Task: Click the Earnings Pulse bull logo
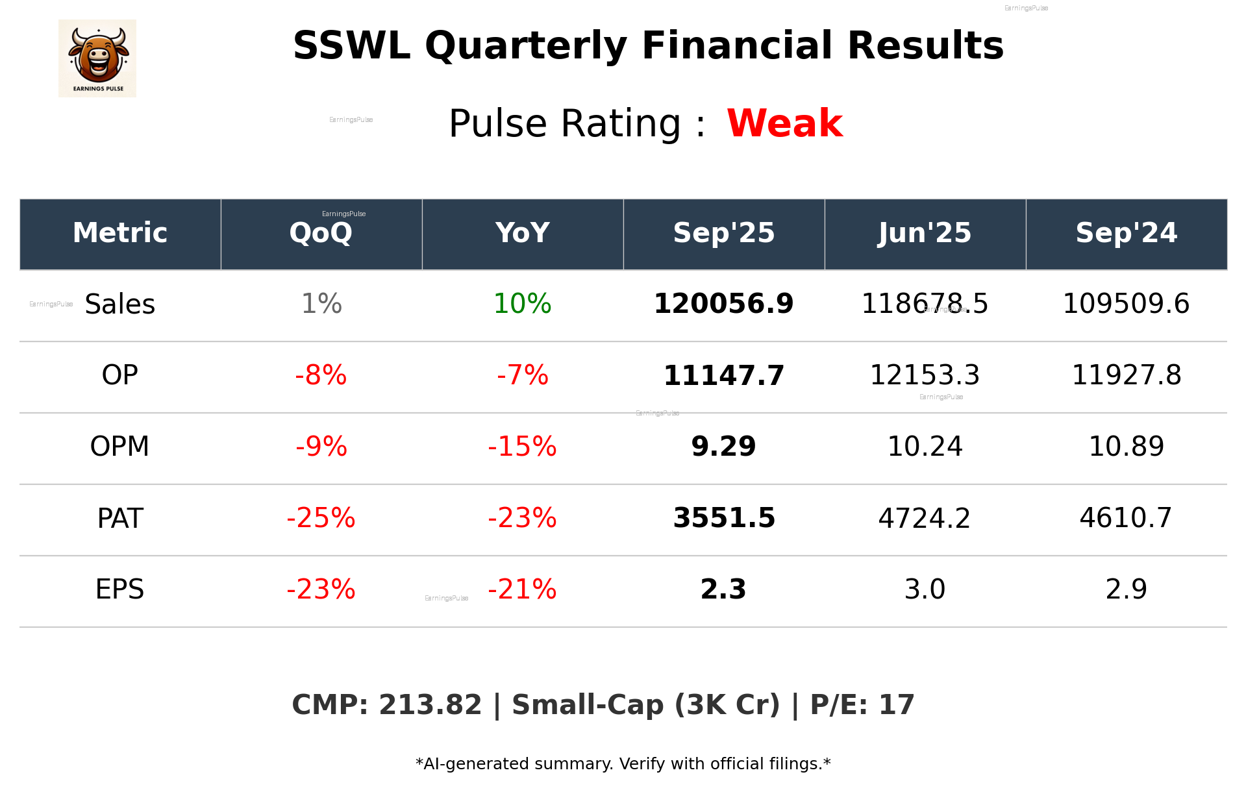(x=97, y=58)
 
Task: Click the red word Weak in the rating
(x=784, y=123)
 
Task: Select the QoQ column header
(x=321, y=233)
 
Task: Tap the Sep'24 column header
(x=1126, y=233)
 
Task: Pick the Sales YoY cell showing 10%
(x=522, y=304)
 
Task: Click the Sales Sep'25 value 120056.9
(x=723, y=304)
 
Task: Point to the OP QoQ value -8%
(x=321, y=375)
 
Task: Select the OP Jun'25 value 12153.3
(x=925, y=375)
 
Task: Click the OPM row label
(x=119, y=447)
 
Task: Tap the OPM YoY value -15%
(x=522, y=447)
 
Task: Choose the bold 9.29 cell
(x=723, y=447)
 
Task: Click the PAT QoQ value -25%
(x=321, y=518)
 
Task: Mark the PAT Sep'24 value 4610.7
(x=1126, y=518)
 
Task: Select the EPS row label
(x=119, y=589)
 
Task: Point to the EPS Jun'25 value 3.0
(x=925, y=589)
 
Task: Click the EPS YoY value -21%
(x=522, y=589)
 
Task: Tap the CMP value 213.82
(x=430, y=705)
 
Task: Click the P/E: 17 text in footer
(x=862, y=705)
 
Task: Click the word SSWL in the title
(x=351, y=46)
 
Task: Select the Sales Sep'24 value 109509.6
(x=1126, y=304)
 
